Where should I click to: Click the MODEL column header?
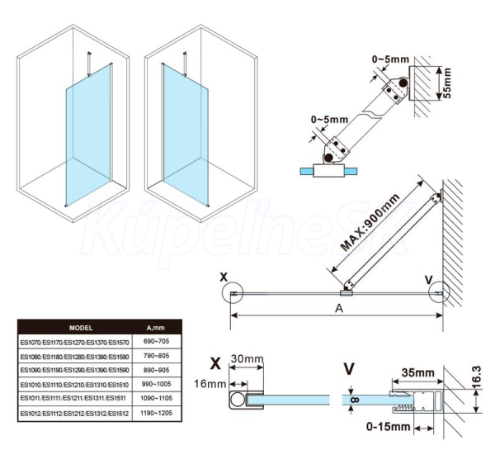pyautogui.click(x=81, y=325)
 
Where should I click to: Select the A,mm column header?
pyautogui.click(x=158, y=325)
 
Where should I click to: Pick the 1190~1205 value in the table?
pyautogui.click(x=158, y=412)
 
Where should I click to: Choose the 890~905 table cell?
pyautogui.click(x=158, y=370)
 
